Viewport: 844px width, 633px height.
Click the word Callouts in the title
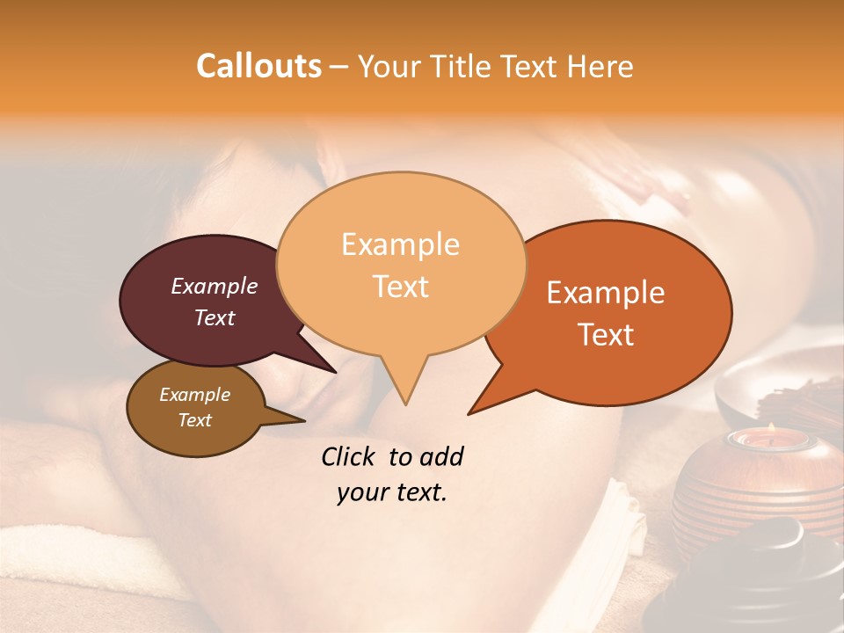(x=258, y=66)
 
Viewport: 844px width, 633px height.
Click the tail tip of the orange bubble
(x=470, y=412)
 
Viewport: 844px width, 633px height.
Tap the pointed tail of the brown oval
(x=303, y=420)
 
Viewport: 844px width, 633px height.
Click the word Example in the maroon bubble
(x=215, y=286)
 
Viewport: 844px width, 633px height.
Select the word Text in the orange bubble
(x=607, y=335)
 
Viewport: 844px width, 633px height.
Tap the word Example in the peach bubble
(x=400, y=244)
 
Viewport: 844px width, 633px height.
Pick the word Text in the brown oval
(x=195, y=420)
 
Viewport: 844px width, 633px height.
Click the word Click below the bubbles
(x=351, y=456)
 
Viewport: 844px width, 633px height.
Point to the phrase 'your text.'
(x=392, y=492)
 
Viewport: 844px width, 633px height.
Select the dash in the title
(x=339, y=67)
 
